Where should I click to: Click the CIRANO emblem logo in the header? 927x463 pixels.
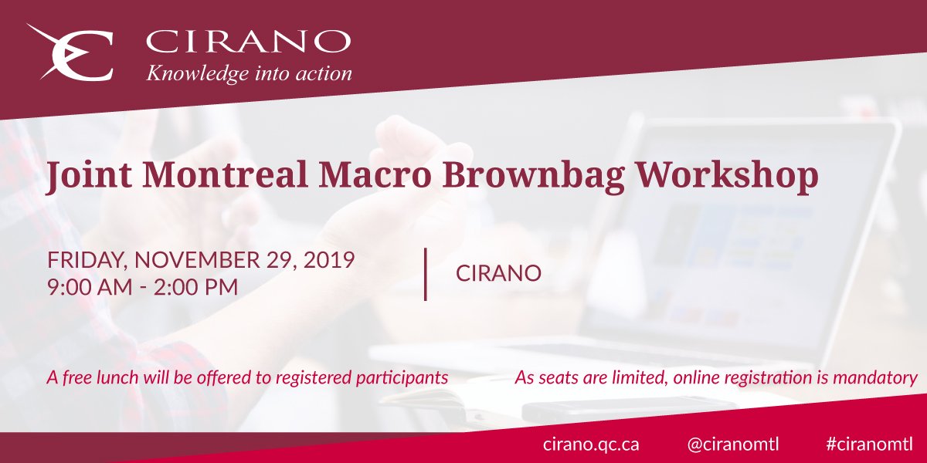click(70, 52)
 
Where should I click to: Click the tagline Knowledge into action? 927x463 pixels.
click(249, 74)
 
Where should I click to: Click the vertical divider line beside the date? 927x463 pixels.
click(426, 274)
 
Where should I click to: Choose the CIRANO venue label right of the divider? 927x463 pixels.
click(498, 274)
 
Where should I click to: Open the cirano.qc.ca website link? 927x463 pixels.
click(591, 444)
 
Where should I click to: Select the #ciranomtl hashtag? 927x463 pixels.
click(869, 444)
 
